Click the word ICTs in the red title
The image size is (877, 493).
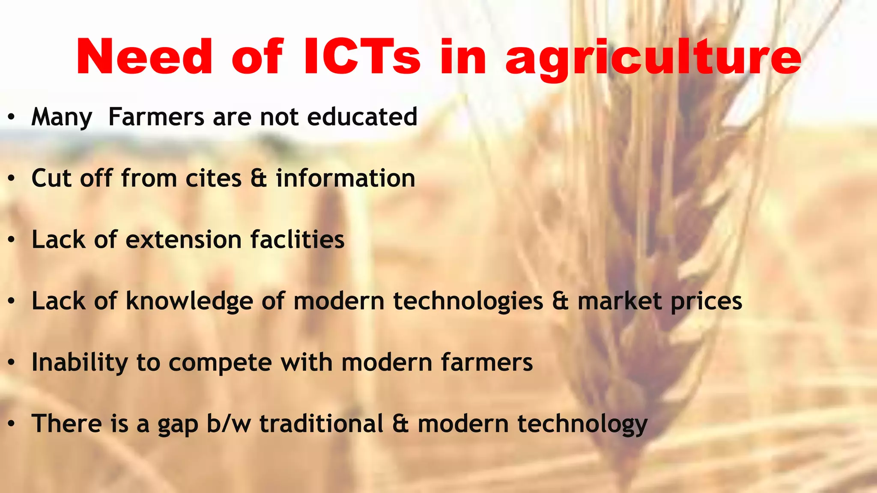[x=362, y=57]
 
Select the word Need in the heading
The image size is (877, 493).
[x=144, y=57]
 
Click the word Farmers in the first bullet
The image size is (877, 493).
[x=156, y=116]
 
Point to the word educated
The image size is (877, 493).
[x=362, y=116]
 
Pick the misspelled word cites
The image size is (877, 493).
[x=213, y=178]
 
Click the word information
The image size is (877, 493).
[x=346, y=178]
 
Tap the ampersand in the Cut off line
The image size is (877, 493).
[x=259, y=178]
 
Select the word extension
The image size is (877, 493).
[x=184, y=240]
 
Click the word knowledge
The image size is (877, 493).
[x=189, y=301]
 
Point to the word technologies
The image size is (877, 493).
[x=468, y=301]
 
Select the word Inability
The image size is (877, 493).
[x=80, y=363]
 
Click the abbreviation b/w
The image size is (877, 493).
[x=229, y=424]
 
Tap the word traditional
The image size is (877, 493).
[x=322, y=424]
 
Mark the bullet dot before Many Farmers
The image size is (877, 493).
[x=12, y=117]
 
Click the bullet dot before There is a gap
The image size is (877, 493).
[x=12, y=424]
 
